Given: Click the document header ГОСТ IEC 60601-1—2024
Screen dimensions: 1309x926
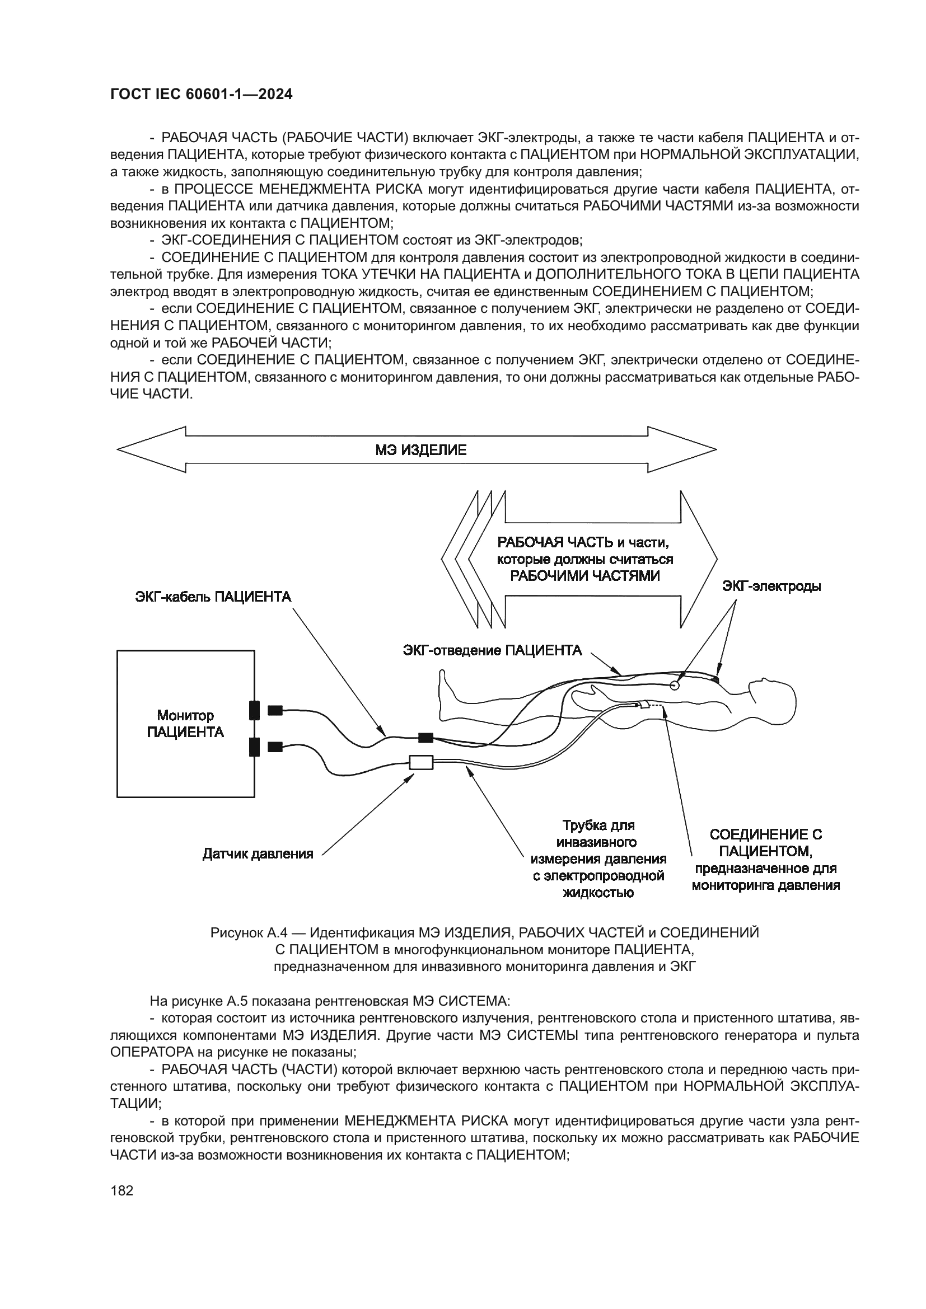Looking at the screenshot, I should (202, 95).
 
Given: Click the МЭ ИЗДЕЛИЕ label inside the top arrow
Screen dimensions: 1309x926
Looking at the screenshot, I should (421, 451).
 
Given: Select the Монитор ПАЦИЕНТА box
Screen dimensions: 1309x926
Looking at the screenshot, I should (185, 724).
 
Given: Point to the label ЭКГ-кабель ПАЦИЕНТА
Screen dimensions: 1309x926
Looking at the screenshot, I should (213, 597).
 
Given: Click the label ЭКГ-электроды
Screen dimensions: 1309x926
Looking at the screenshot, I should (771, 586).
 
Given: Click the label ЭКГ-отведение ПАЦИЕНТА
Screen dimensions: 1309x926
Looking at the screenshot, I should (492, 650).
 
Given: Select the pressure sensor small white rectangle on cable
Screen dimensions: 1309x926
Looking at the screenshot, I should (422, 762).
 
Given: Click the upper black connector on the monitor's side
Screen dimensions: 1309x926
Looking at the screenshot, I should (254, 710).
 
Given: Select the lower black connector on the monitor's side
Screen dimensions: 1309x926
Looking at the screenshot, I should (254, 747).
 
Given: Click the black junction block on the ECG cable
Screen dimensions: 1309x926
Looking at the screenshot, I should (425, 738).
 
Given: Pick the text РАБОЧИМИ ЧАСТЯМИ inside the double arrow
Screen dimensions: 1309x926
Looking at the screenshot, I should (584, 576).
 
